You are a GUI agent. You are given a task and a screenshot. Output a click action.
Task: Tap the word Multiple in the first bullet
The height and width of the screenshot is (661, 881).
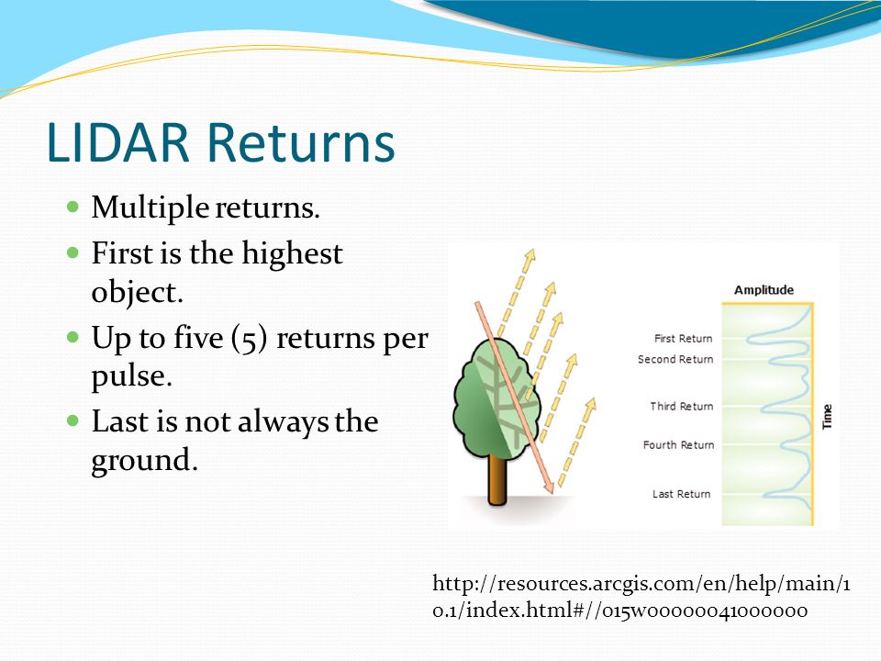[151, 208]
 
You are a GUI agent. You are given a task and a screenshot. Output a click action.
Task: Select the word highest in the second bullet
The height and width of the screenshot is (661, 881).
[292, 254]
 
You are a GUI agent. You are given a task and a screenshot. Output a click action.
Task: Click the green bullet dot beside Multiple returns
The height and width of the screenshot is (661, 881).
[73, 207]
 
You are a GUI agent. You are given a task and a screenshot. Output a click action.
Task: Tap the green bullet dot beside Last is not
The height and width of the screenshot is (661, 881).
[73, 420]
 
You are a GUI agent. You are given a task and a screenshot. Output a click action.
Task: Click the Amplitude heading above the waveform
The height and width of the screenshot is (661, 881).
[764, 290]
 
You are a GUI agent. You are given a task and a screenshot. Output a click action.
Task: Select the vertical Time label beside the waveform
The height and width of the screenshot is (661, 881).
[827, 417]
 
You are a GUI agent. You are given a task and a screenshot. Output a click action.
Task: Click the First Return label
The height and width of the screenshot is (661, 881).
[683, 339]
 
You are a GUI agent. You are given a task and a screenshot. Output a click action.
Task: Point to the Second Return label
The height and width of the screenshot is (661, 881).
[675, 359]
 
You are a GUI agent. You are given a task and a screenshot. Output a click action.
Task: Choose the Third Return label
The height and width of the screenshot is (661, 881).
[682, 406]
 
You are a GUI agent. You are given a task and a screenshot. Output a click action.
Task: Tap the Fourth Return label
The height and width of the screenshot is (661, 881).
[679, 445]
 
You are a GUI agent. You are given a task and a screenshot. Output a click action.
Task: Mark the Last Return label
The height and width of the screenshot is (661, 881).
[682, 494]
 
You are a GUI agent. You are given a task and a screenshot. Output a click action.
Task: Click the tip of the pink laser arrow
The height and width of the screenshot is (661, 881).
[552, 493]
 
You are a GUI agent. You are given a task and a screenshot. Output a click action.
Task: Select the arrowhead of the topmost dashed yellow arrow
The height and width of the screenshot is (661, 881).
[530, 256]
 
